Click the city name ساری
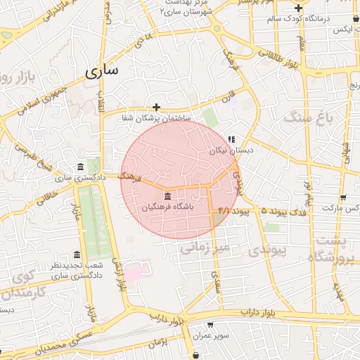click(x=103, y=71)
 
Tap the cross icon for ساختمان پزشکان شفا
click(x=156, y=107)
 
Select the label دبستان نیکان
click(x=227, y=150)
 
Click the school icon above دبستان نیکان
click(x=233, y=139)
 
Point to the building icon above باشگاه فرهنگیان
click(x=167, y=196)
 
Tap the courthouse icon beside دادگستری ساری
click(x=79, y=167)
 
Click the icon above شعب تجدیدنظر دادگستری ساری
click(x=77, y=255)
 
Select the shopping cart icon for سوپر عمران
click(x=210, y=325)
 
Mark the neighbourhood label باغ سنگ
click(x=308, y=118)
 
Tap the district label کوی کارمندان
click(x=22, y=284)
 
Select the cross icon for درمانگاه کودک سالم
click(x=298, y=8)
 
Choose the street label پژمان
click(x=161, y=343)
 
